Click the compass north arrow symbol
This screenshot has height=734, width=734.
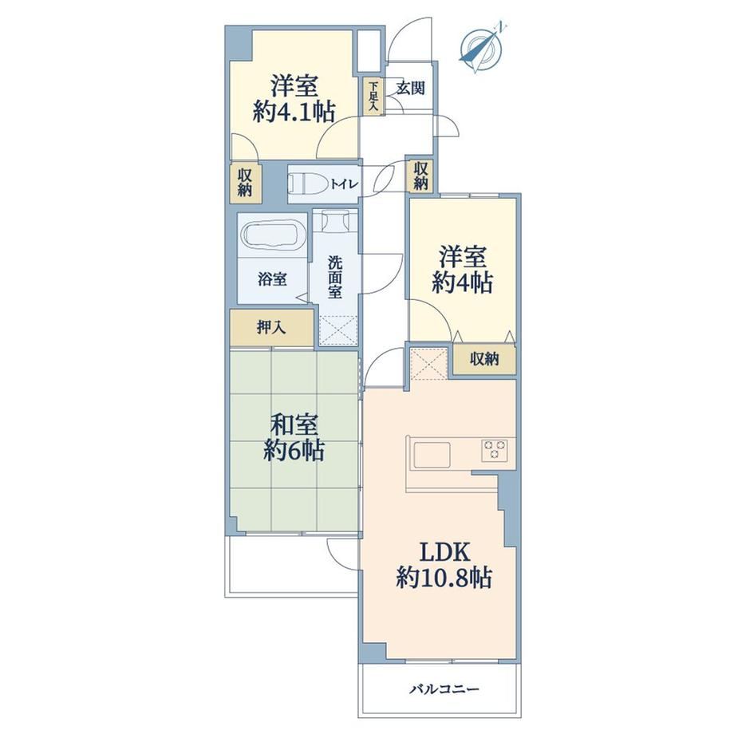click(482, 49)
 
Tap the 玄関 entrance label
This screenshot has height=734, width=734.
click(411, 88)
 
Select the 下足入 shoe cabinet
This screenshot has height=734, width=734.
click(373, 96)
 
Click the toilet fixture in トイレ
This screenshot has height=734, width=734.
click(307, 183)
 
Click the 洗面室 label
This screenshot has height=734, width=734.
click(335, 277)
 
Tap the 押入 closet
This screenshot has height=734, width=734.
click(271, 328)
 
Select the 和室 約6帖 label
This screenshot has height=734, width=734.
click(294, 438)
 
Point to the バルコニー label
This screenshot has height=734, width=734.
click(444, 689)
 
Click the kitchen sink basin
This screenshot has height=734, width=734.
click(431, 455)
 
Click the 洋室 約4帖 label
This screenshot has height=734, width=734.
click(463, 270)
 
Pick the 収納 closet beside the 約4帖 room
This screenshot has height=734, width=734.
click(484, 360)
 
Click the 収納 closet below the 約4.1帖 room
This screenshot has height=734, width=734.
click(245, 182)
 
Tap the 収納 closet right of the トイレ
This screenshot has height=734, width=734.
click(420, 176)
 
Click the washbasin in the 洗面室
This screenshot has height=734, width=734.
click(335, 220)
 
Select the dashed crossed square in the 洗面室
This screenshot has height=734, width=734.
click(338, 330)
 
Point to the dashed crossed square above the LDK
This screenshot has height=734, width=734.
click(428, 362)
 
